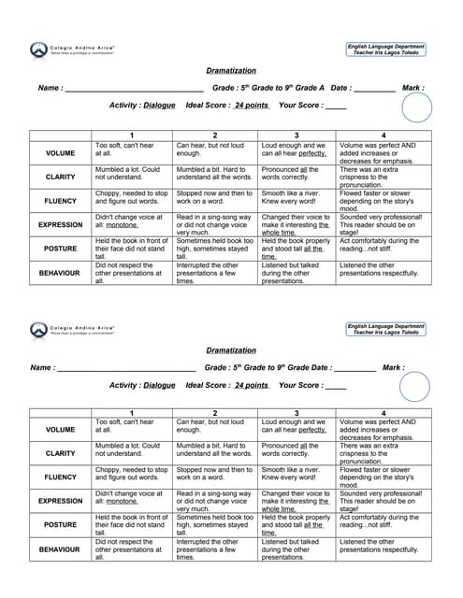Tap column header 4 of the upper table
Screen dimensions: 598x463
point(383,135)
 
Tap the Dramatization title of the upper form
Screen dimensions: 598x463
point(230,71)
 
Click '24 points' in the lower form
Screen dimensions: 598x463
point(252,385)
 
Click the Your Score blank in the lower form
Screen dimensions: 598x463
point(335,387)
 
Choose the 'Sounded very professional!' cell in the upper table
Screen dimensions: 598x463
point(383,224)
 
